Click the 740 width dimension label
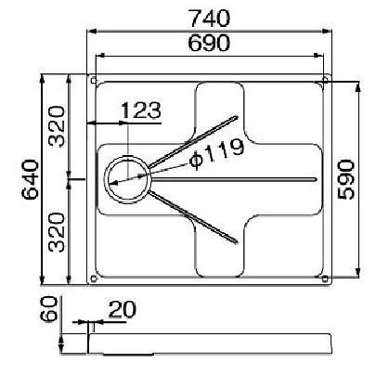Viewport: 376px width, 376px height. tap(210, 19)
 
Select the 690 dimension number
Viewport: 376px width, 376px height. tap(209, 43)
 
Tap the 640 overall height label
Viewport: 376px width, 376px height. tap(30, 179)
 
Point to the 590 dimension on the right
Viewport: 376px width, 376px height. tap(346, 179)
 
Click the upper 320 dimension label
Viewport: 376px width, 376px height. tap(58, 126)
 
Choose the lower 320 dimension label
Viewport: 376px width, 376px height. tap(58, 232)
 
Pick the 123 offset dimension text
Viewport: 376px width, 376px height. tap(141, 110)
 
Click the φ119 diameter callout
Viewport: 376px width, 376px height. tap(216, 153)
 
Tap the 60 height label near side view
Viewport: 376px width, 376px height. tap(49, 309)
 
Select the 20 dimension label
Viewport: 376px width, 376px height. tap(123, 309)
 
